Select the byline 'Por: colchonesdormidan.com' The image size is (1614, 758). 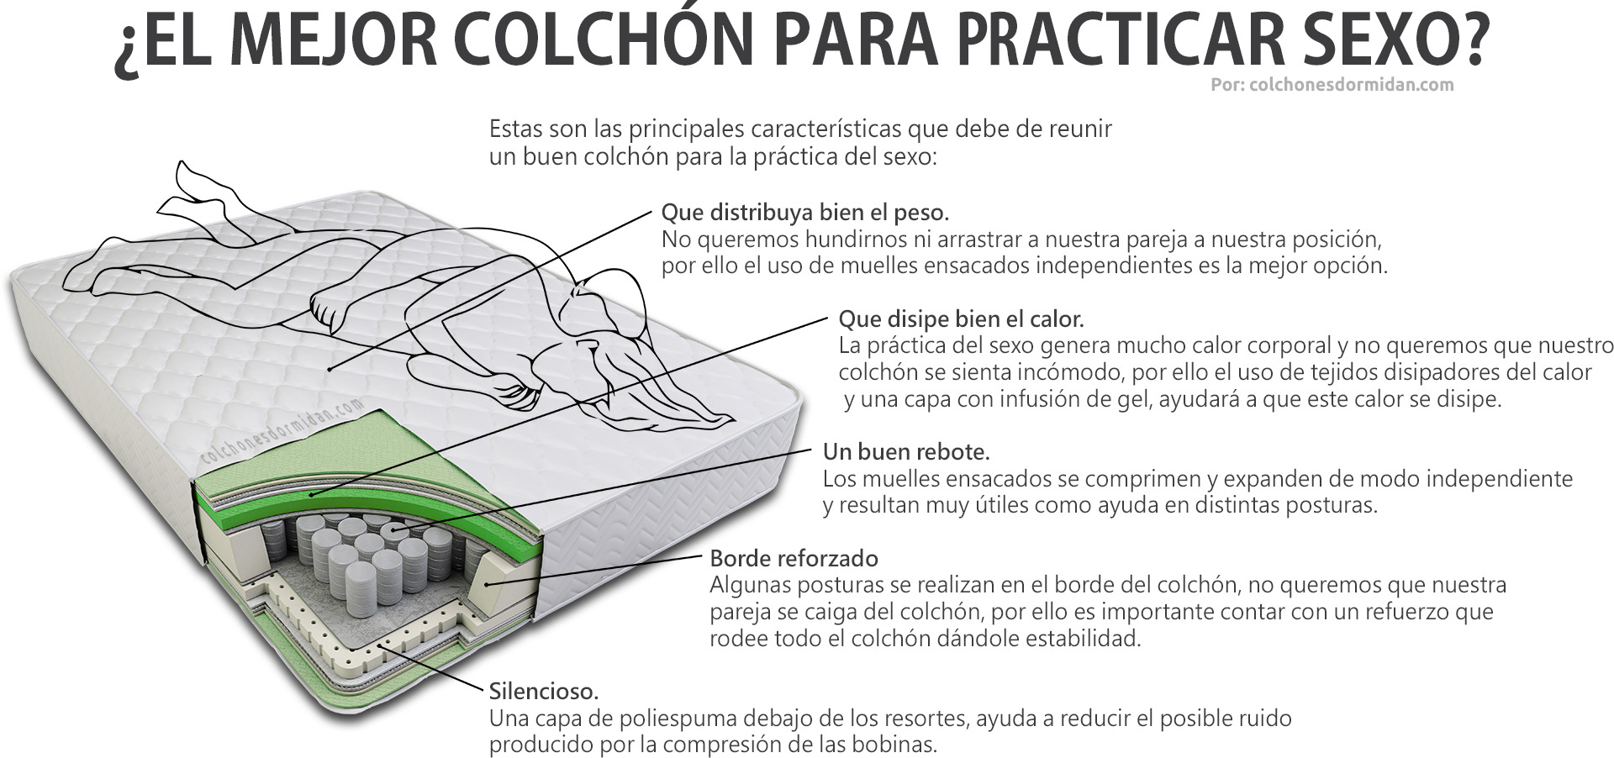(1332, 85)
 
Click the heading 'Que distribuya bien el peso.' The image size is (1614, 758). (805, 212)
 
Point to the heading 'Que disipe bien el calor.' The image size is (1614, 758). (962, 319)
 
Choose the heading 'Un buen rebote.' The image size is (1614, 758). (906, 452)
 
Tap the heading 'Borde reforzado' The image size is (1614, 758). (794, 559)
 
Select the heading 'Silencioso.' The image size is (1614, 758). (544, 692)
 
